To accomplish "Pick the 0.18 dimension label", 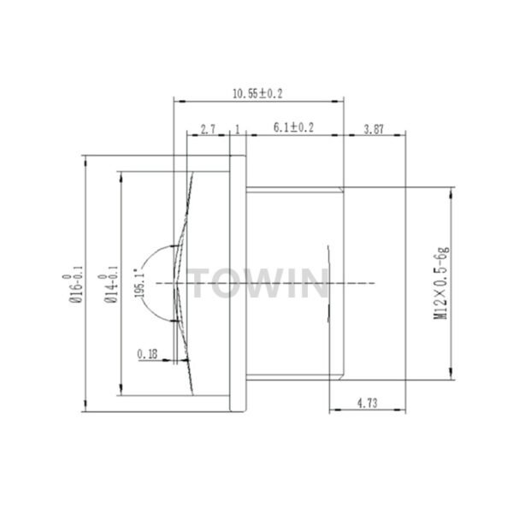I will [x=147, y=351].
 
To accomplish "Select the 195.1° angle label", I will [x=140, y=281].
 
